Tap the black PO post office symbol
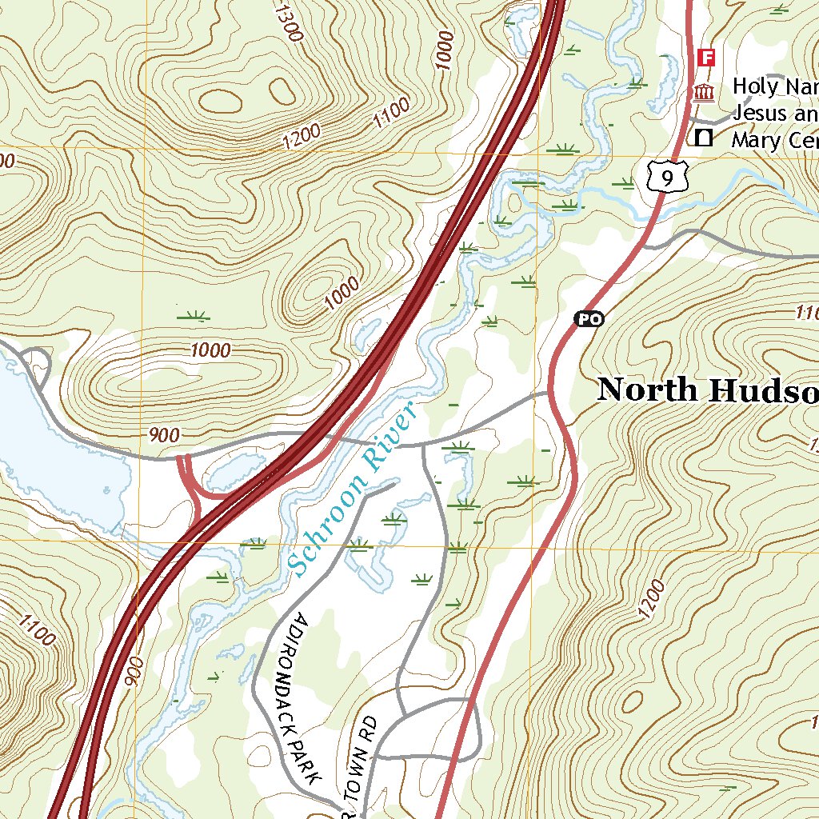589,319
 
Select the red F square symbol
705,57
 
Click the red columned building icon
704,93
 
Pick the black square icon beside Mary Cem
704,138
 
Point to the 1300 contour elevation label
286,24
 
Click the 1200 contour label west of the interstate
301,136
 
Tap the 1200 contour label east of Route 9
652,599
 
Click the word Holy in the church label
750,86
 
